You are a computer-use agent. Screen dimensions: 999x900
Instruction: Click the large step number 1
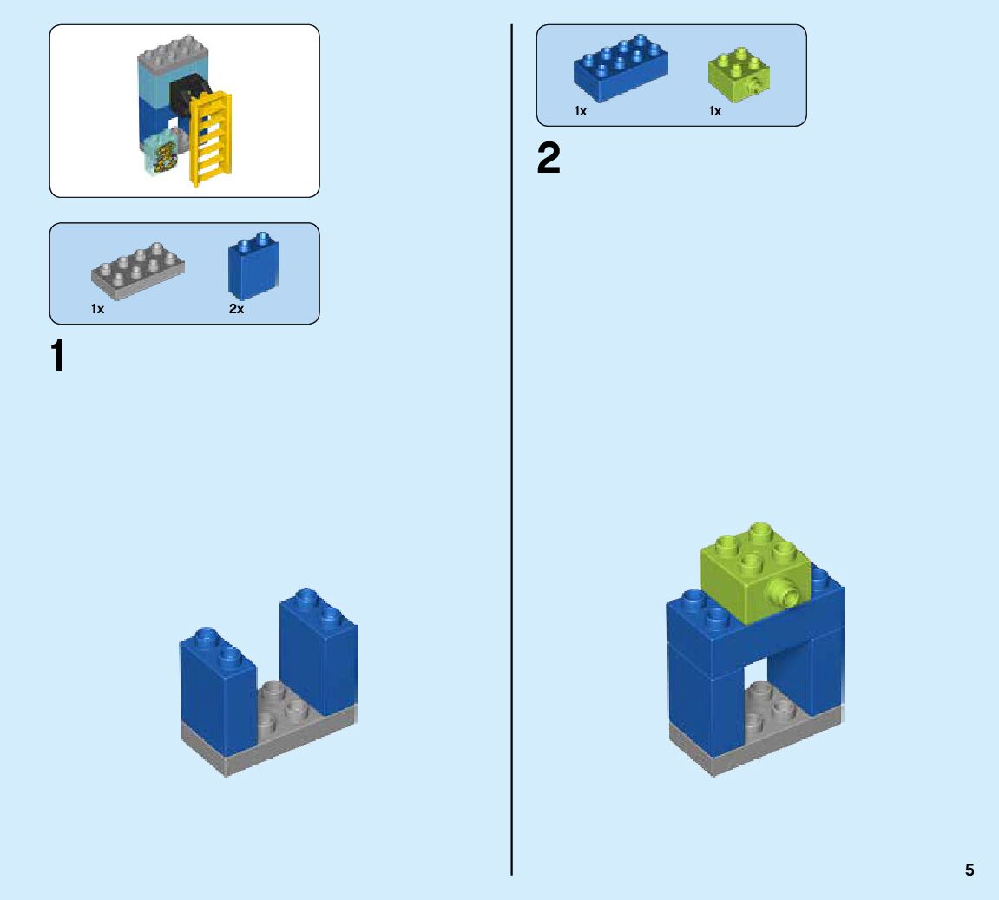point(58,356)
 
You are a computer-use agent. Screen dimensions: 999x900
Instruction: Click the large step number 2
point(549,159)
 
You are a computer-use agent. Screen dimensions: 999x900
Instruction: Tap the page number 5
point(969,870)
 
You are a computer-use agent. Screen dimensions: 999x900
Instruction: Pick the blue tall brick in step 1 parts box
point(253,266)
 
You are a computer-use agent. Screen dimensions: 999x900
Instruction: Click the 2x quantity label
point(237,309)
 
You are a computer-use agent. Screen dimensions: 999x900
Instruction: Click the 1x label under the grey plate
point(97,309)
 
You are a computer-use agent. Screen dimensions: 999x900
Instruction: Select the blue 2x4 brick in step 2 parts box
point(620,68)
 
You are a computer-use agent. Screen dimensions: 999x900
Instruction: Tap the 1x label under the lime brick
point(715,111)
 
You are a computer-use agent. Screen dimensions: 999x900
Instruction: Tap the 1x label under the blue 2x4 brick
point(581,111)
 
